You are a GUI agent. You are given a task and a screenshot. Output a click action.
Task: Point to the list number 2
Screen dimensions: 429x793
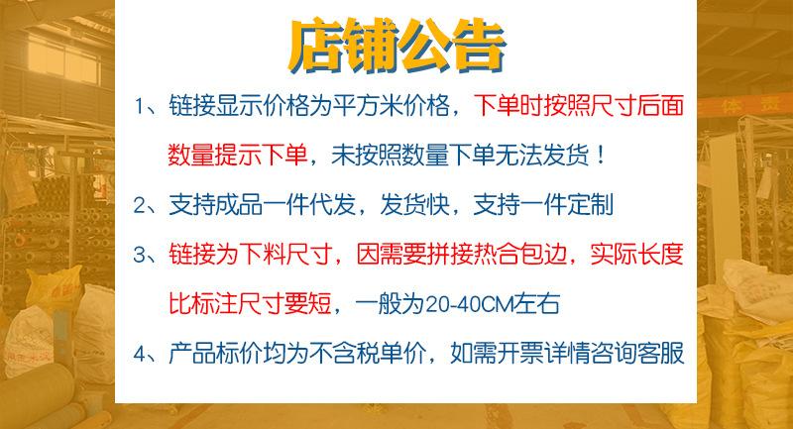click(140, 205)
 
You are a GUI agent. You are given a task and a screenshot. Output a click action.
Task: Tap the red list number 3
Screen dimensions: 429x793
click(140, 255)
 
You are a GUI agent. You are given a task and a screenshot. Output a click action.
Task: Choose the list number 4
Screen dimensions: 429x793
click(140, 354)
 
